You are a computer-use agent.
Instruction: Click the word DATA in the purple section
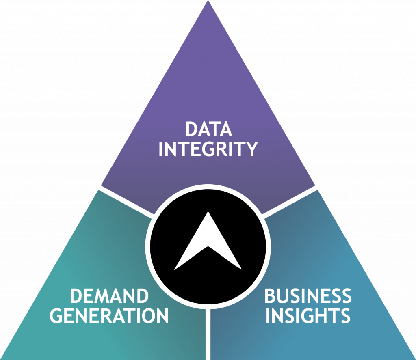208,129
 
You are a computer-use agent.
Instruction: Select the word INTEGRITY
208,149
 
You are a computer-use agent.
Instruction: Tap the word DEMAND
109,296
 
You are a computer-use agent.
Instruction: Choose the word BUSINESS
308,296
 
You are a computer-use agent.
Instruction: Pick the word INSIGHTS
308,316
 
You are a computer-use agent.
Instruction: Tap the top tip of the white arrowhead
208,212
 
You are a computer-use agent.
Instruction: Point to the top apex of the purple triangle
208,2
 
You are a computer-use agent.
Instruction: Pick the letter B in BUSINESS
271,296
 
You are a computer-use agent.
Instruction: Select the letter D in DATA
191,129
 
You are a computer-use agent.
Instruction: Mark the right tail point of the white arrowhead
241,269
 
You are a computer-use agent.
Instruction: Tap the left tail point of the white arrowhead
175,269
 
